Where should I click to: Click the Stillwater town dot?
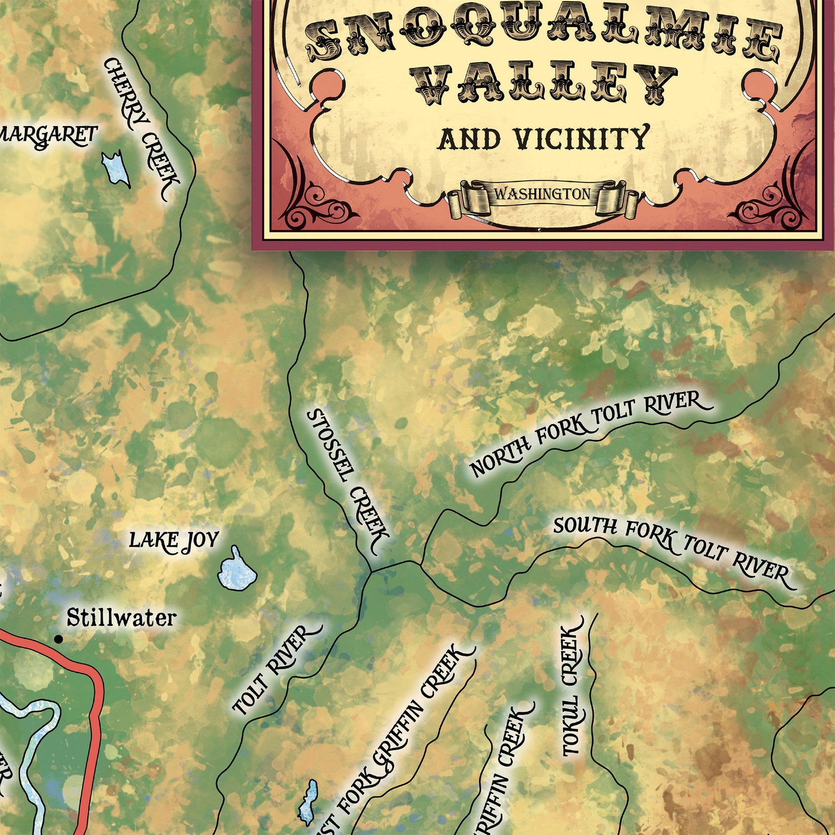coord(59,639)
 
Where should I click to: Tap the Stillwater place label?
coord(121,618)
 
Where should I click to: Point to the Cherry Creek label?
coord(142,129)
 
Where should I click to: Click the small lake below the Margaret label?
coord(116,168)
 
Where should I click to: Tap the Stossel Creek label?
coord(347,481)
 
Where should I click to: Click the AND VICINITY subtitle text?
coord(543,139)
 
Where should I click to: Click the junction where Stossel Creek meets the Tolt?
coord(371,571)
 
